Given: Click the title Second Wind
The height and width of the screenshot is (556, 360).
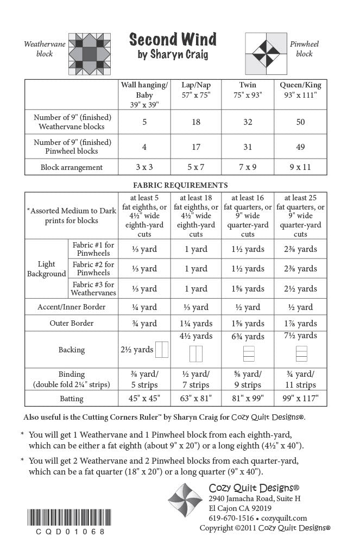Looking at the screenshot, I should coord(173,39).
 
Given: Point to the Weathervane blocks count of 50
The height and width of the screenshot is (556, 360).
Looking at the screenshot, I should coord(300,122).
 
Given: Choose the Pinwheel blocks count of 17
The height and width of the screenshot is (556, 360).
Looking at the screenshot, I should coord(195,147).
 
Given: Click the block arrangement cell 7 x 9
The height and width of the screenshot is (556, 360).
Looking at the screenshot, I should coord(248,167).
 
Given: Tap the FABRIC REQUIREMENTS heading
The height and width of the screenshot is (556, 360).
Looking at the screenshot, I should coord(180,185).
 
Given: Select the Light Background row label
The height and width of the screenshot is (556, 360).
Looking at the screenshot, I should coord(47,269).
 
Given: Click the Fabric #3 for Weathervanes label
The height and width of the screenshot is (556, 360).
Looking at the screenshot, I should coord(93,288).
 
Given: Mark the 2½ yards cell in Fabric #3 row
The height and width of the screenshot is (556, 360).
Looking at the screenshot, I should coord(300,288).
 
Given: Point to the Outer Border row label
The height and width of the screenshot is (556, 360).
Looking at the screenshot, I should coord(72,323).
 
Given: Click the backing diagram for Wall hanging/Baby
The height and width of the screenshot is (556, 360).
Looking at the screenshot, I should coord(162,350).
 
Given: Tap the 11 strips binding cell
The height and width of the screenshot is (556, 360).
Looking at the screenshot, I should coord(300,385).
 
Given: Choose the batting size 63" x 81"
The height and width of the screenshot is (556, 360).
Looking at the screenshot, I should coord(195,399).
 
